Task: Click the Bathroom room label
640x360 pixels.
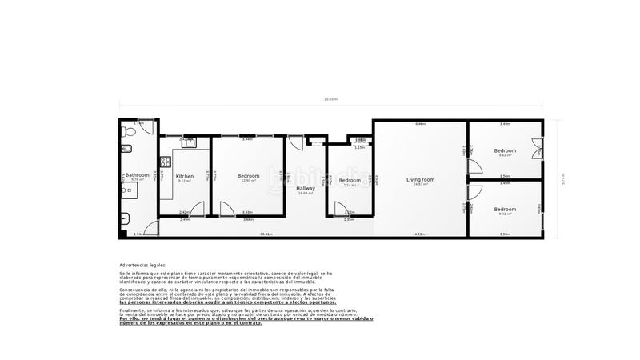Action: (x=138, y=174)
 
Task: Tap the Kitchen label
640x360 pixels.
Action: (x=185, y=176)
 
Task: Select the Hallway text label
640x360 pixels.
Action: (x=306, y=188)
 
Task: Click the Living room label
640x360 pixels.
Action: (x=420, y=179)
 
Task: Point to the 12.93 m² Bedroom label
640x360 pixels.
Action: (x=248, y=176)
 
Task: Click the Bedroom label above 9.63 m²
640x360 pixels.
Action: (x=505, y=150)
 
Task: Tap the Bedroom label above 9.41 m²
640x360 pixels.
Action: (x=505, y=210)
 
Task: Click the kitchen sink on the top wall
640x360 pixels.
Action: (x=188, y=142)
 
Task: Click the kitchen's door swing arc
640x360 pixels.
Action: (x=198, y=210)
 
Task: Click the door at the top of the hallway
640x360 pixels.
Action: (x=296, y=144)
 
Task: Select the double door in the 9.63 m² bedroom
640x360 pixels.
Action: (x=536, y=150)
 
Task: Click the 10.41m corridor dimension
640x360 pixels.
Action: (x=266, y=234)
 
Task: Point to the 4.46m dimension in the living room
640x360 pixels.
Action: (x=420, y=124)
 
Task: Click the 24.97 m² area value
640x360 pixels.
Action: (x=420, y=185)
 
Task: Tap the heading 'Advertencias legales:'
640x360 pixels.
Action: (x=143, y=265)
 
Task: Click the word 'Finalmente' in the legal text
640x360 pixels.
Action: (x=130, y=309)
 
